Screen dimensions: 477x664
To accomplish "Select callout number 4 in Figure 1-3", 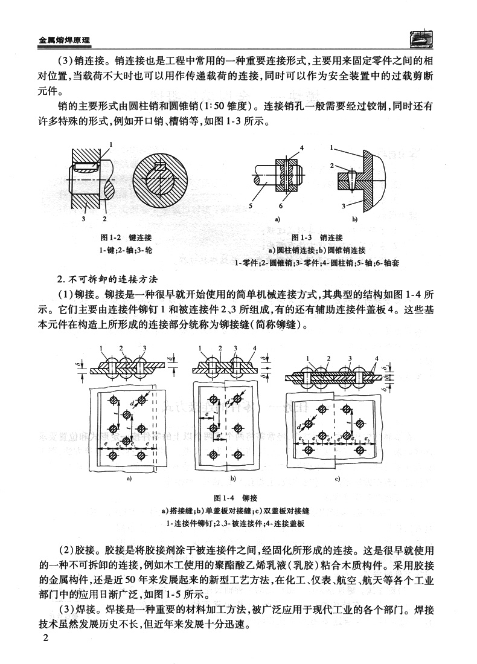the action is point(301,148).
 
